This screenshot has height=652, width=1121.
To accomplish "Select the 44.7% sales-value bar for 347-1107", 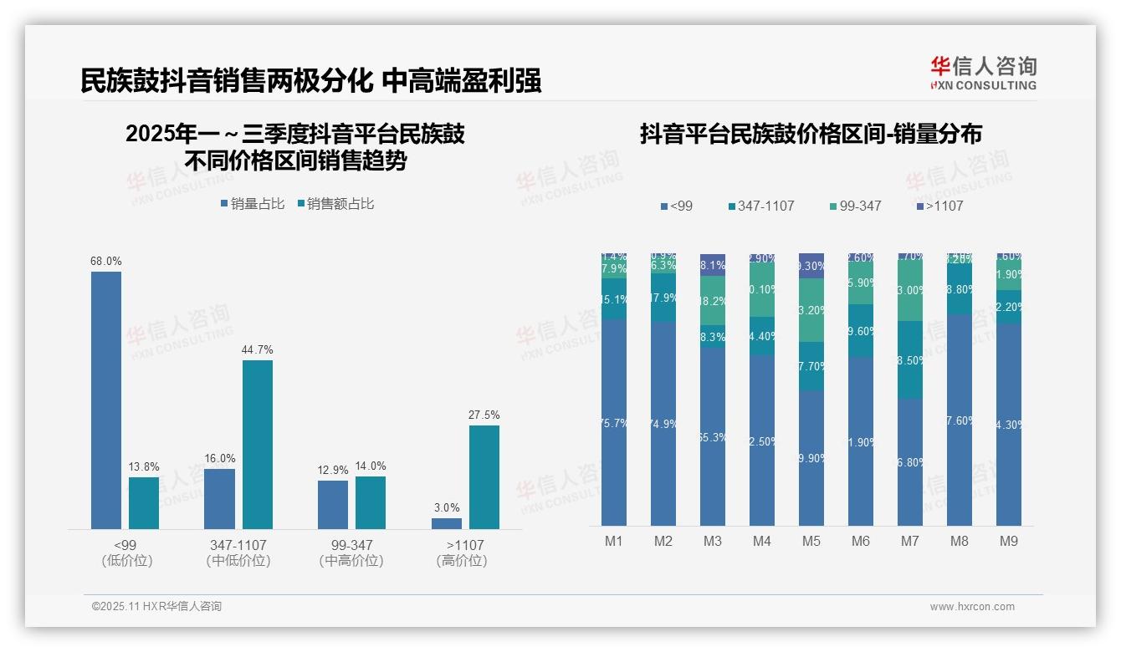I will (258, 444).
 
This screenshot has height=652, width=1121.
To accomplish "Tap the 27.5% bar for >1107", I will (484, 476).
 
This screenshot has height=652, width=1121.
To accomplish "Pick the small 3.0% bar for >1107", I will (447, 523).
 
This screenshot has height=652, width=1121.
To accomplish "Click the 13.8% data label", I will (144, 466).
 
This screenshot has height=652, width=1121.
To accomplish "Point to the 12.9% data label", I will (333, 470).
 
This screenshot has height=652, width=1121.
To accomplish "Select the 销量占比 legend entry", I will (253, 204).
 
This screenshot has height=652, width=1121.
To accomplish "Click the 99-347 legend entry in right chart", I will (854, 206).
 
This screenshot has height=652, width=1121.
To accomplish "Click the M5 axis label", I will (811, 542).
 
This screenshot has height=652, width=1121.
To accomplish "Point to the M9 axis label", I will (1009, 542).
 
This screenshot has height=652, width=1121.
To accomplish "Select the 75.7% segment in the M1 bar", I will (614, 422).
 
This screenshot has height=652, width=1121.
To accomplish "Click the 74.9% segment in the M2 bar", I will (663, 424).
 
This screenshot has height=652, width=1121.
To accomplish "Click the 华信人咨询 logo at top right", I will (983, 73).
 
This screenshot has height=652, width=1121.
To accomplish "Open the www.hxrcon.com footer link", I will (972, 607).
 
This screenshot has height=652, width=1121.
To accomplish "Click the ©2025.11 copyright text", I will (156, 607).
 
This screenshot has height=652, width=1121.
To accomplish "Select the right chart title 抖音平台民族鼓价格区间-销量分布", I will (811, 134).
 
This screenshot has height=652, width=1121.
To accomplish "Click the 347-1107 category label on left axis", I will (238, 545).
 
